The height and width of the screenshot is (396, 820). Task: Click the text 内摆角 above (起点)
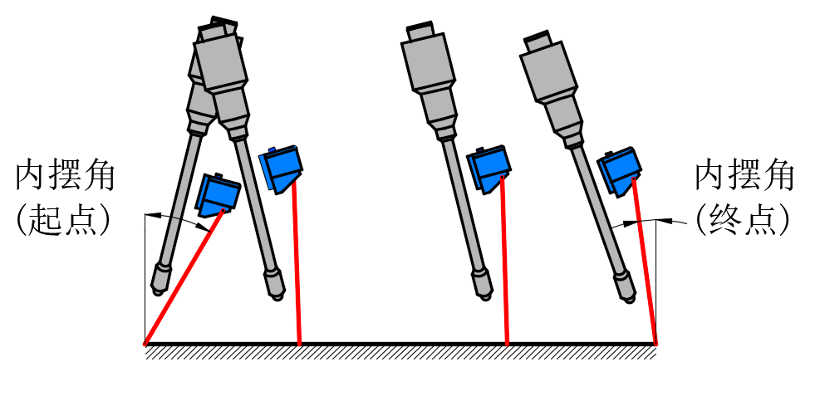(65, 177)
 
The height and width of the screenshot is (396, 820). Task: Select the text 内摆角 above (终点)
(744, 177)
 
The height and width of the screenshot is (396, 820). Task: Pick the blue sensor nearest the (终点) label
(620, 171)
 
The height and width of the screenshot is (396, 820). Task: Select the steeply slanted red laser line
(184, 277)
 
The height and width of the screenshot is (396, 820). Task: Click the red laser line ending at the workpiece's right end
(645, 262)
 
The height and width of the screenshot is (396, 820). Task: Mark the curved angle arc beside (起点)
(179, 218)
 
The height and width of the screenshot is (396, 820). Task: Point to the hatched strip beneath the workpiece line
(400, 353)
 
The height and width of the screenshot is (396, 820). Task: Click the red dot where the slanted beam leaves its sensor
(223, 211)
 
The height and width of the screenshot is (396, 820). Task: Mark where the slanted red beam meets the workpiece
(145, 344)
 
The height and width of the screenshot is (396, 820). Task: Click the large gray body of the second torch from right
(426, 63)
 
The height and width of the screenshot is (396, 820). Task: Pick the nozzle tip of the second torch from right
(484, 286)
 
